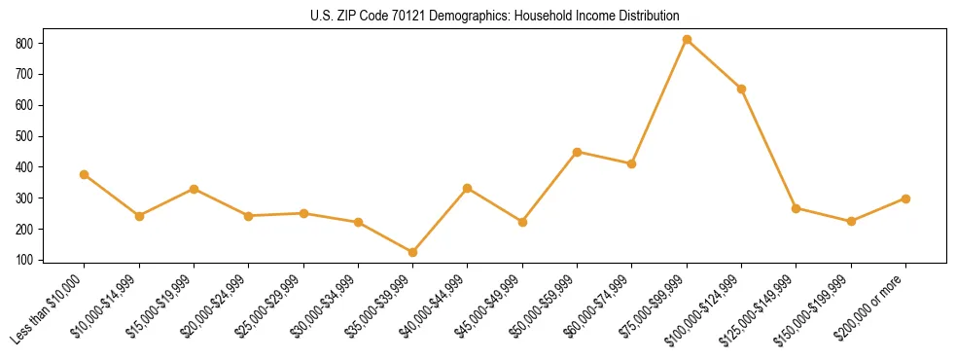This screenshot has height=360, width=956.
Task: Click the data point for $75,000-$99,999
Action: (687, 40)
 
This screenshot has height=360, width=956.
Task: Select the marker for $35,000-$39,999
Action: (413, 253)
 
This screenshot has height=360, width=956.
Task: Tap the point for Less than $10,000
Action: (85, 175)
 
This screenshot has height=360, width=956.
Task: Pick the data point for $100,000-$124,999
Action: (742, 89)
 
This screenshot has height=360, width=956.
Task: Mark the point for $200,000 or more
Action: (905, 198)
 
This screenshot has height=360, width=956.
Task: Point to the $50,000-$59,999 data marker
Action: (578, 152)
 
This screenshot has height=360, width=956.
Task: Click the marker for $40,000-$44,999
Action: (468, 188)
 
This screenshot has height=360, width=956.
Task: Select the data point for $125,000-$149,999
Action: (797, 208)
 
